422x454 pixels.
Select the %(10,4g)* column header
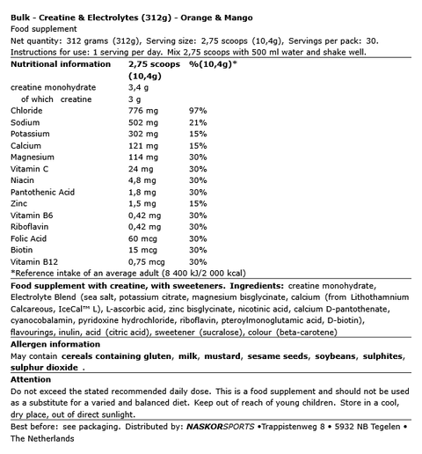[x=213, y=63]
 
